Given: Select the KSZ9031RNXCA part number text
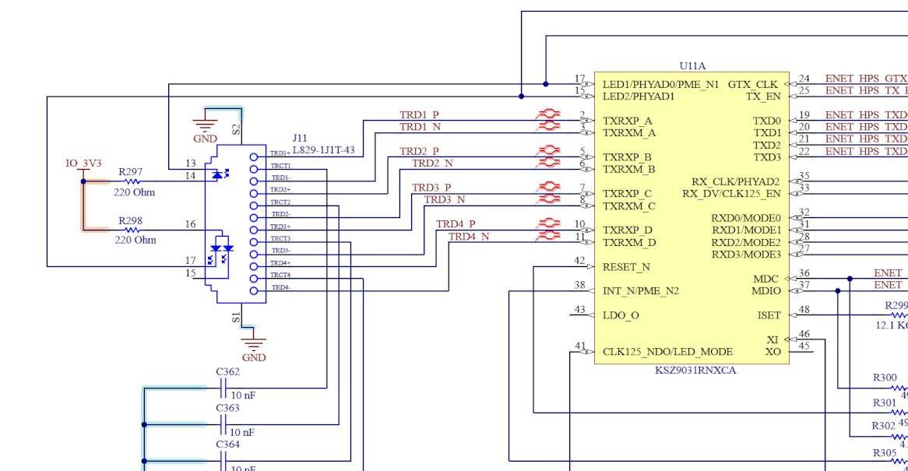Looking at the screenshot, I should tap(695, 371).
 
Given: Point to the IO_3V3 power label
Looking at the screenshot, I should tap(83, 163).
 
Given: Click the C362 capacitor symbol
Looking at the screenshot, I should tap(225, 388).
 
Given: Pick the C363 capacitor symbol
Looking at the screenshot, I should tap(225, 424).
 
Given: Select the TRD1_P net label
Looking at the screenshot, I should tap(419, 115).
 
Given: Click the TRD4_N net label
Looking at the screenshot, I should tap(469, 237).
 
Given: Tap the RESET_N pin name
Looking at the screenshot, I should tap(626, 267).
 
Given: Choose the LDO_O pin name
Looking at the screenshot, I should tap(621, 315).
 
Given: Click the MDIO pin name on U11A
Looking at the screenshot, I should tap(766, 291).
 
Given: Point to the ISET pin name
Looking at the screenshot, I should tap(769, 315).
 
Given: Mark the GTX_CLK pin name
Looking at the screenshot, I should tap(752, 84).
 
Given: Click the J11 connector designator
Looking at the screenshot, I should tap(300, 139).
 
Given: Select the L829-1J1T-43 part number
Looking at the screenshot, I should tap(324, 150).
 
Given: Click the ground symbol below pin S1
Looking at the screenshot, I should tap(254, 346).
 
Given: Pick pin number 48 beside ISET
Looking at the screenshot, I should tap(804, 310).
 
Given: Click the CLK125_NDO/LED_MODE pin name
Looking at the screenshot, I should tap(667, 352).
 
